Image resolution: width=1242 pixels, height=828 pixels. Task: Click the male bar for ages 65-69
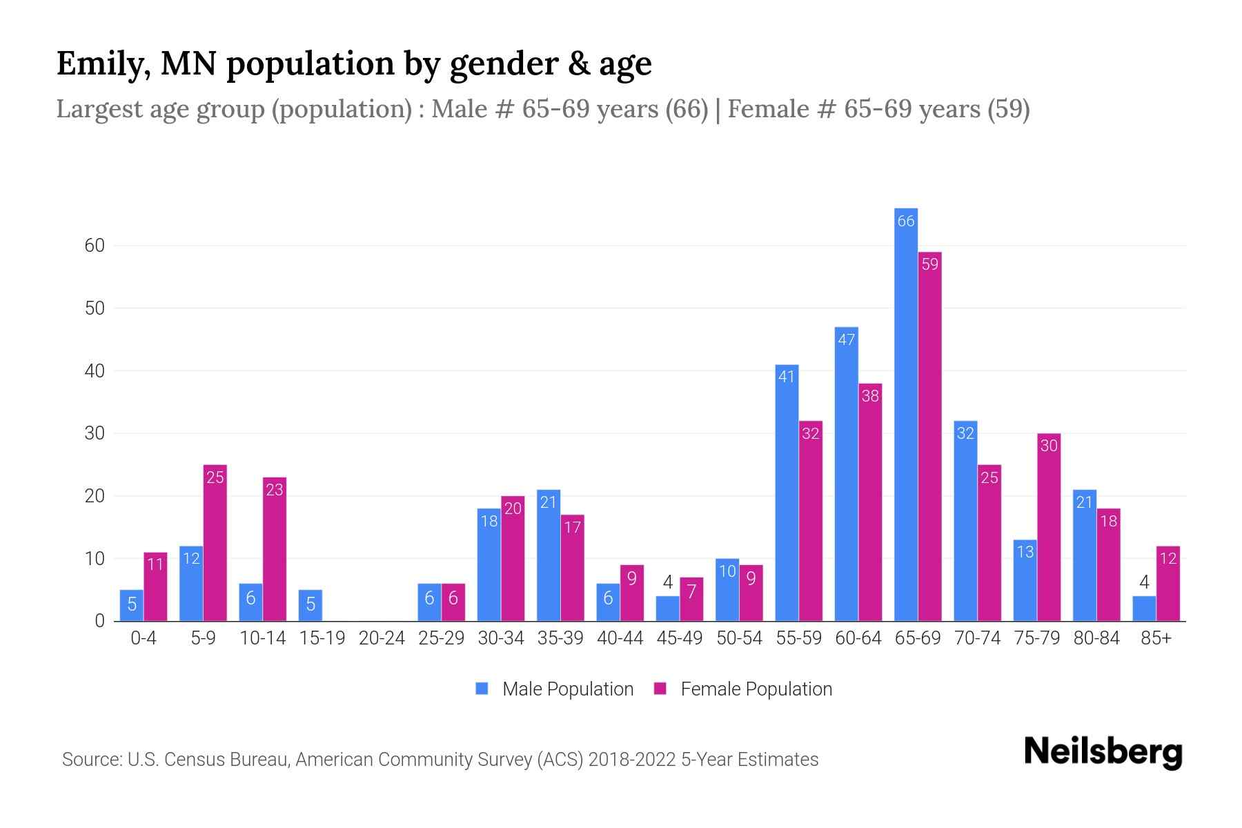coord(905,414)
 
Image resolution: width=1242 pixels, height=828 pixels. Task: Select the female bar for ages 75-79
coord(1048,528)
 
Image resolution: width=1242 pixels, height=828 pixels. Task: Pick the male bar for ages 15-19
coord(310,605)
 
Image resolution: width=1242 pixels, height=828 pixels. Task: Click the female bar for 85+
coord(1167,584)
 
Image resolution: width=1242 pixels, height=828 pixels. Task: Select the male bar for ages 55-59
coord(787,493)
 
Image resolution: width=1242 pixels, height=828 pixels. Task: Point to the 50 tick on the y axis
coord(95,308)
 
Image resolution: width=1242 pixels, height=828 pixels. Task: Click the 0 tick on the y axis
coord(100,621)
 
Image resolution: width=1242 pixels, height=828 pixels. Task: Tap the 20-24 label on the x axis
coord(382,638)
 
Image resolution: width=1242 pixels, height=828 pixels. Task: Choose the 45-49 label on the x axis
coord(680,638)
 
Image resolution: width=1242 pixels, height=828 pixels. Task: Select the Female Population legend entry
coord(743,689)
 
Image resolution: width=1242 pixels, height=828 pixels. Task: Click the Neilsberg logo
coord(1103,752)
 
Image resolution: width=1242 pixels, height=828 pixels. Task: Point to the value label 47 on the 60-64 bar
coord(846,339)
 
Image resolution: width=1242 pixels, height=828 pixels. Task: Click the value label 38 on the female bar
coord(870,396)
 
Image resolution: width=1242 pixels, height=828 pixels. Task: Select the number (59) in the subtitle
coord(1008,109)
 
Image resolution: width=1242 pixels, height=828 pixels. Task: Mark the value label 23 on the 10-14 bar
coord(275,490)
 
